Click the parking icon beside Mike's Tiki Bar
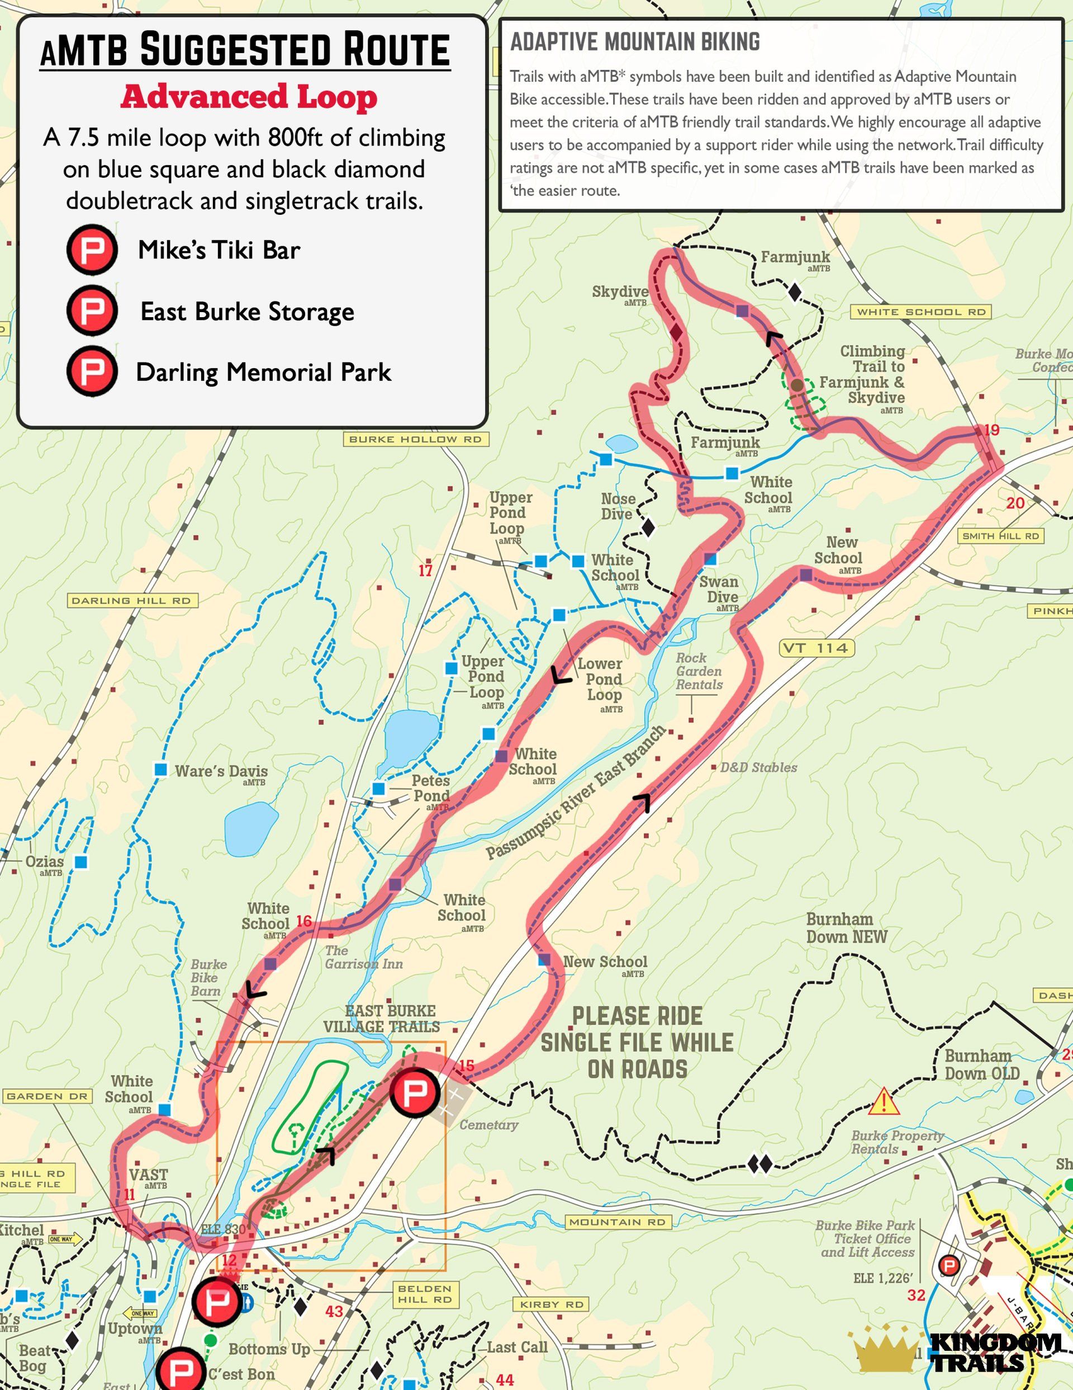(92, 249)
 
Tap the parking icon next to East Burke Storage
(92, 310)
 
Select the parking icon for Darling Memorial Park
(92, 371)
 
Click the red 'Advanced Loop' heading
(249, 97)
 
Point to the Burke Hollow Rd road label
(415, 439)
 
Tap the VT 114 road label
(816, 648)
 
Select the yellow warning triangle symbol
(884, 1102)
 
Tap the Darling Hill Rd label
(132, 600)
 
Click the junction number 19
(991, 430)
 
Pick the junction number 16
(304, 921)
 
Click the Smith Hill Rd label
(1000, 536)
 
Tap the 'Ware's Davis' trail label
(221, 771)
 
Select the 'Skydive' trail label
(620, 291)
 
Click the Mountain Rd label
(617, 1221)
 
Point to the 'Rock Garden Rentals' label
(699, 671)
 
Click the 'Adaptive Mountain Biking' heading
(635, 42)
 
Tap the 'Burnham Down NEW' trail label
(846, 928)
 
